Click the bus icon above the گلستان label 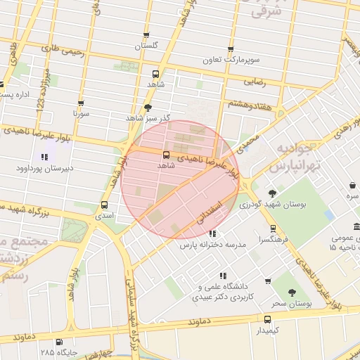146,34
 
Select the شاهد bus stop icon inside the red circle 166,154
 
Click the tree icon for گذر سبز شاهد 148,108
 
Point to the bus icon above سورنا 81,103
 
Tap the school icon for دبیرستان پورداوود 44,157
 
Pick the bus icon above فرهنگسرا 274,228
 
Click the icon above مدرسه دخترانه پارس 212,234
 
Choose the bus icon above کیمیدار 267,319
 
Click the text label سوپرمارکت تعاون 231,60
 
